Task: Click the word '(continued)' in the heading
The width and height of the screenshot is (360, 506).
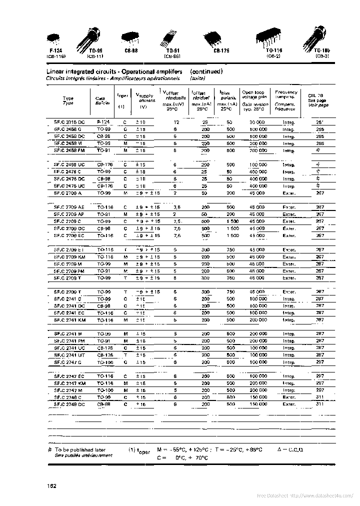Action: click(x=206, y=71)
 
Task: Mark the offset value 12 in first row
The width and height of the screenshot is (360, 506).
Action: click(x=176, y=122)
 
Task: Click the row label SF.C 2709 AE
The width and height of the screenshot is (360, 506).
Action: click(x=68, y=206)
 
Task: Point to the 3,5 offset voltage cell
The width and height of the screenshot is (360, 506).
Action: click(x=176, y=206)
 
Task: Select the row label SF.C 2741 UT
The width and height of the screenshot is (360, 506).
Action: click(x=68, y=354)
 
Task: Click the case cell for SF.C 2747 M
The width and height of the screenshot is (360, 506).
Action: click(x=105, y=389)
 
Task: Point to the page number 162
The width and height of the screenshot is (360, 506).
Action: click(x=51, y=486)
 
